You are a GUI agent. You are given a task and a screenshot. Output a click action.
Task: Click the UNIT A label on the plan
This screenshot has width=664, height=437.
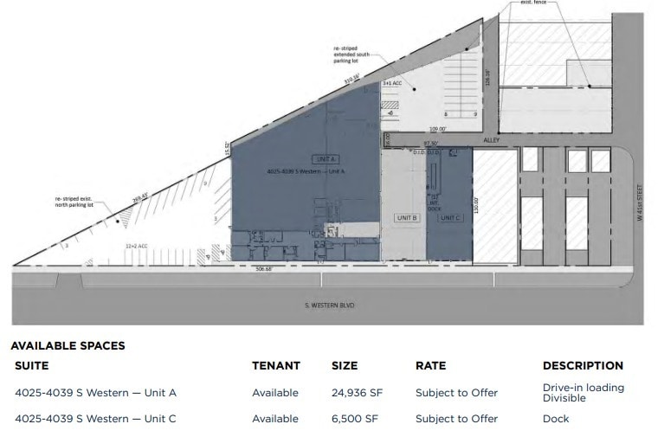(x=327, y=160)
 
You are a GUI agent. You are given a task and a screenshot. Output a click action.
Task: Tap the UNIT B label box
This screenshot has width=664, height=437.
(x=407, y=217)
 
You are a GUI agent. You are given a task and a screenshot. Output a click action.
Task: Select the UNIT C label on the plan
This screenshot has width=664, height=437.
(x=450, y=217)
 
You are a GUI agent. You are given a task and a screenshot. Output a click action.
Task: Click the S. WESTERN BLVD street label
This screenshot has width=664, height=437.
(x=330, y=305)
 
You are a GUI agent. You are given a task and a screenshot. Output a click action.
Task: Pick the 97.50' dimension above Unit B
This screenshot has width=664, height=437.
(x=431, y=144)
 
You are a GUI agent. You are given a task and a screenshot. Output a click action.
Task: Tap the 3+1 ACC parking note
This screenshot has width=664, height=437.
(x=392, y=84)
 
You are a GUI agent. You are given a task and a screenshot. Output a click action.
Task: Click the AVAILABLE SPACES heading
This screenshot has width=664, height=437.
(x=68, y=345)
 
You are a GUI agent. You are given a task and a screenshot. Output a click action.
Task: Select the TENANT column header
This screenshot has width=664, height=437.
(x=276, y=366)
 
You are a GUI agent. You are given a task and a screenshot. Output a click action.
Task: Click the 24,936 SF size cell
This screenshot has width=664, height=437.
(x=357, y=393)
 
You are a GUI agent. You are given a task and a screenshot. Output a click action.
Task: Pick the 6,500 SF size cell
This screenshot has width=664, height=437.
(x=354, y=419)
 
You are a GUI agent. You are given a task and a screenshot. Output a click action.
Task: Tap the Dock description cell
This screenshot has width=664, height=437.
(x=556, y=419)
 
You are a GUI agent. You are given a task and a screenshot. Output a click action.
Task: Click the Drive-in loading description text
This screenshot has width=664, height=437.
(x=583, y=388)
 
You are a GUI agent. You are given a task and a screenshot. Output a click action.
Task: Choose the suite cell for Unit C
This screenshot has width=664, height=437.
(x=95, y=419)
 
